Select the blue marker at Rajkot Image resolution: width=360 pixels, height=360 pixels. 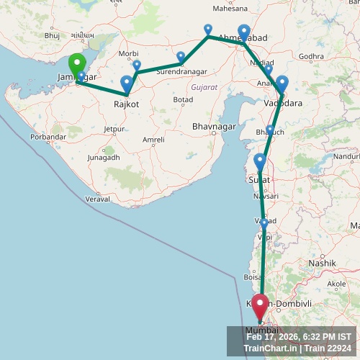(127, 83)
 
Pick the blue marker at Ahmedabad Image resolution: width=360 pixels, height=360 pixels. (244, 32)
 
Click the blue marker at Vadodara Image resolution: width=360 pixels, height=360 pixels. (282, 84)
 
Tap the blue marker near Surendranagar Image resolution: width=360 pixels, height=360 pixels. (181, 57)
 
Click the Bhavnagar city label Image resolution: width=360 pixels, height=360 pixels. (214, 127)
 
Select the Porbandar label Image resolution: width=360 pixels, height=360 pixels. (48, 137)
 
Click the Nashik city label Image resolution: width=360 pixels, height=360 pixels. (322, 264)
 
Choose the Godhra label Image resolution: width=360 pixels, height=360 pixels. (311, 56)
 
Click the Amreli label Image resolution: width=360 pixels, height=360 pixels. (153, 140)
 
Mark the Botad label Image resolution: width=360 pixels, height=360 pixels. (183, 99)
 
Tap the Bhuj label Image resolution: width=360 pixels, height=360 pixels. (52, 35)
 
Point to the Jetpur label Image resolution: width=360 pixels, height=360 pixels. (114, 130)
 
